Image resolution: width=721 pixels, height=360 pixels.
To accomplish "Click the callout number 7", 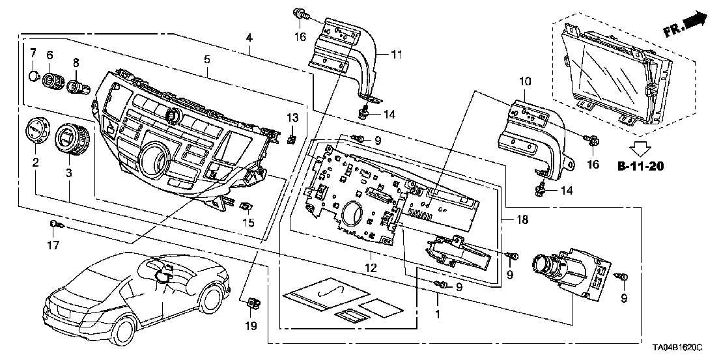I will (33, 51).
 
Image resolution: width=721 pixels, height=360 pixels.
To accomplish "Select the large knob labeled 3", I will (71, 139).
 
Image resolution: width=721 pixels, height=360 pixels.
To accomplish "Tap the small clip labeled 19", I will (252, 302).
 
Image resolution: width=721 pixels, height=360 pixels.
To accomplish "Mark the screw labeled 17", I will (55, 225).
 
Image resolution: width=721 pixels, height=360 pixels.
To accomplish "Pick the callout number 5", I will (206, 59).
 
